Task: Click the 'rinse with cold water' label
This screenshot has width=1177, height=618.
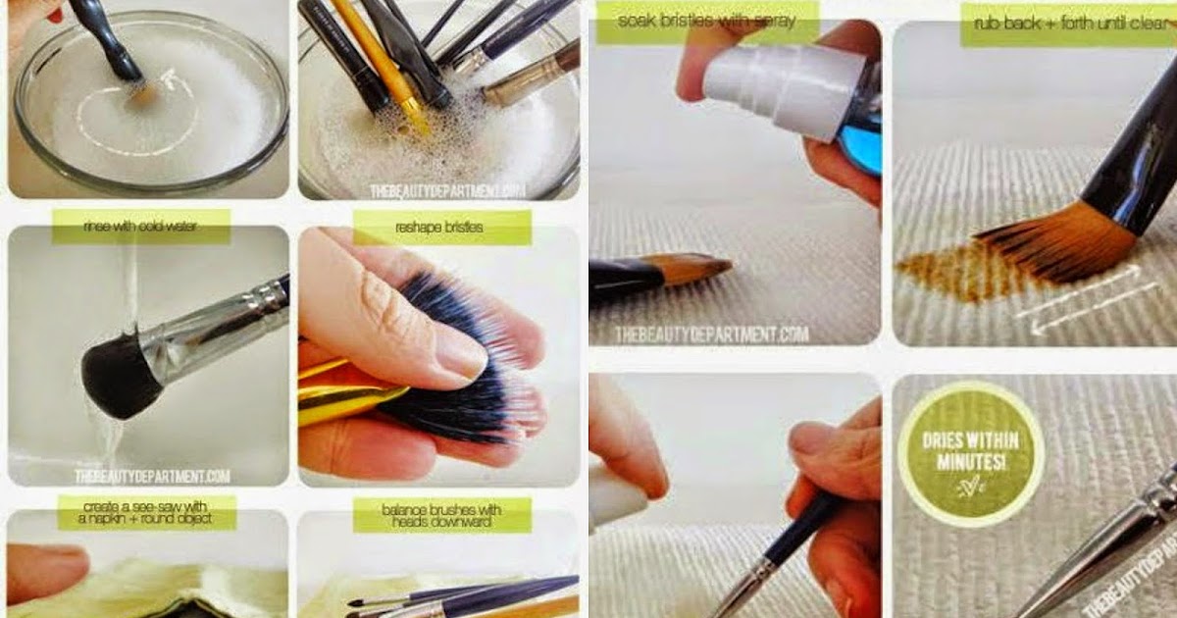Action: tap(140, 227)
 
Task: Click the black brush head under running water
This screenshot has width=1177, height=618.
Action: tap(118, 372)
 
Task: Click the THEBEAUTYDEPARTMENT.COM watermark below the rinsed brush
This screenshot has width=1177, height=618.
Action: tap(152, 477)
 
